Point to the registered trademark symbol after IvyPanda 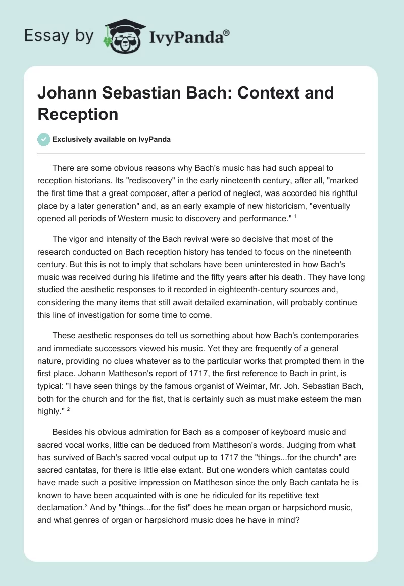(227, 32)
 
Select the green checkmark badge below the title (43, 139)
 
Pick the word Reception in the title (78, 114)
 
